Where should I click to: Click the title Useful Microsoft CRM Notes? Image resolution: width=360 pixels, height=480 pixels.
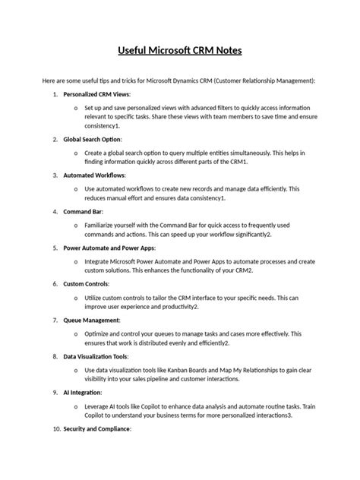tap(180, 52)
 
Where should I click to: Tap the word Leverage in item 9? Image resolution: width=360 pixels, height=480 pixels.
tap(99, 406)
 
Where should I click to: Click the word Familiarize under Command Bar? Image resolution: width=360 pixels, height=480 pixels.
tap(103, 226)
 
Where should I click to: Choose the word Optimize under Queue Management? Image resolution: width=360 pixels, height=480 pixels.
tap(100, 333)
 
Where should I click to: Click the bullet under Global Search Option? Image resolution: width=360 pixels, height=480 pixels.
tap(75, 153)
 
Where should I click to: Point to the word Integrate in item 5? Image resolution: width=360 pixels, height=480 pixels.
tap(100, 261)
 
